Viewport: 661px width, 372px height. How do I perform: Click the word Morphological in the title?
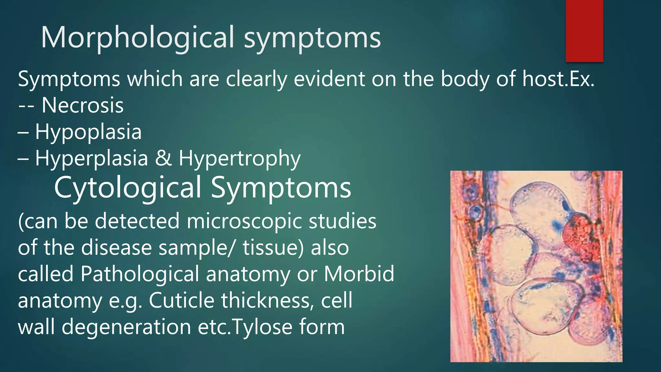[137, 38]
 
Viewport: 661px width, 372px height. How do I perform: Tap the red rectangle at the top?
[584, 31]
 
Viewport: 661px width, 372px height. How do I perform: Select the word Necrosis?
[83, 105]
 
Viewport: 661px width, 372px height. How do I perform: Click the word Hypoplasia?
[88, 132]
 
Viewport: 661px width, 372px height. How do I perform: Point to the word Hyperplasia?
[91, 158]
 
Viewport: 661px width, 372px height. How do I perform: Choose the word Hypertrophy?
[239, 158]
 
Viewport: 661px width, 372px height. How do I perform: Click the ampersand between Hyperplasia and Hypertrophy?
[163, 158]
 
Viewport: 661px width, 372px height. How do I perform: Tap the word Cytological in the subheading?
[127, 188]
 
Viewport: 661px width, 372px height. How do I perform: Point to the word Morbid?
[359, 274]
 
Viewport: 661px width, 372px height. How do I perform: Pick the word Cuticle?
[181, 301]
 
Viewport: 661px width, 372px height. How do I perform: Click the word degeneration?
[126, 327]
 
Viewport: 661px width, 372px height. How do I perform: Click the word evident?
[329, 79]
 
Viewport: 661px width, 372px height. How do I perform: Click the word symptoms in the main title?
[312, 38]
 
